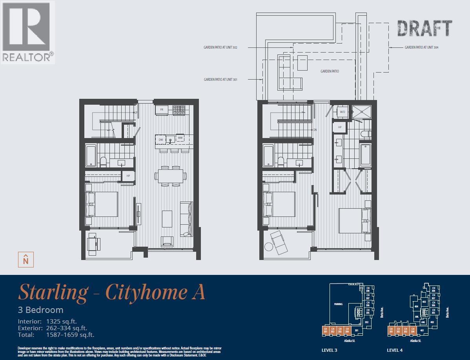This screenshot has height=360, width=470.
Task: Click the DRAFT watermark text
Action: (x=424, y=29)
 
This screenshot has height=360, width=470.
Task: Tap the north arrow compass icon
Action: (x=26, y=260)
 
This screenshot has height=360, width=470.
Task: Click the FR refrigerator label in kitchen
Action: (x=161, y=110)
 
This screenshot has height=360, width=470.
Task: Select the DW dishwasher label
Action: (x=161, y=139)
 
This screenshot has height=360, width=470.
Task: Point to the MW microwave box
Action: (x=180, y=138)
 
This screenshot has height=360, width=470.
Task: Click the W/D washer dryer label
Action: (x=342, y=112)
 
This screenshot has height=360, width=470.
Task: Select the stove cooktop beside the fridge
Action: (x=180, y=110)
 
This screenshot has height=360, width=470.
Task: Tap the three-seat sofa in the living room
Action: (x=186, y=219)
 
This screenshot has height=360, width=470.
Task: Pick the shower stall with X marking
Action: (x=361, y=112)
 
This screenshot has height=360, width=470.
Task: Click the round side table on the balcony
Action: (x=268, y=247)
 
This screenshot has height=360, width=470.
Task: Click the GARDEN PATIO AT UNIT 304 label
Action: (x=421, y=47)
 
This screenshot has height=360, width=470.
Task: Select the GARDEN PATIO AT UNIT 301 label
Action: (x=220, y=80)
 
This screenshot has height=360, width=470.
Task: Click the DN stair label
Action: (x=315, y=130)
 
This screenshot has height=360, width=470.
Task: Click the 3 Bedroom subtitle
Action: (x=40, y=310)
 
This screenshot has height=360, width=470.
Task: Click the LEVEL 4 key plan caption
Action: (x=395, y=350)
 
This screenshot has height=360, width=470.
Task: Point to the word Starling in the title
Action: (x=53, y=293)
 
